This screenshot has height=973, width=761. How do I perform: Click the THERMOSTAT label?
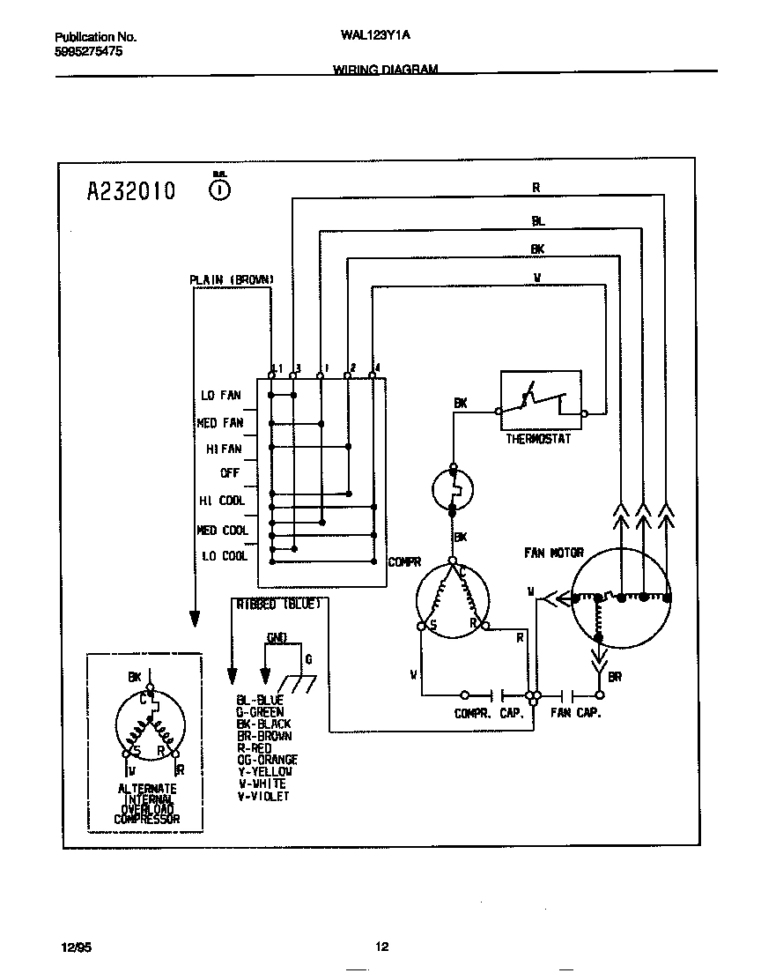tap(537, 439)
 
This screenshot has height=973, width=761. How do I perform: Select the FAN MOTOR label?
tap(553, 553)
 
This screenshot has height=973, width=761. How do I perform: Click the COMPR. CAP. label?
tap(489, 713)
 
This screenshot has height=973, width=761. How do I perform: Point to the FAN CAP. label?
tap(575, 713)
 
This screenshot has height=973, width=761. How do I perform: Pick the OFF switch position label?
tap(230, 473)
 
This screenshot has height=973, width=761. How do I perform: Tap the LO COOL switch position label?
tap(224, 556)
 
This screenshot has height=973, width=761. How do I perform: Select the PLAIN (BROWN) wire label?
tap(232, 280)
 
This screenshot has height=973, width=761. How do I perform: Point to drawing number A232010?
tap(130, 190)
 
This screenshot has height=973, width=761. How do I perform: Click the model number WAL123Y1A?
tap(375, 37)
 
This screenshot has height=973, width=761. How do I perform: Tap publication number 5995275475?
tap(88, 52)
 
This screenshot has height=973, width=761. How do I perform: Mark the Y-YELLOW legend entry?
tap(265, 772)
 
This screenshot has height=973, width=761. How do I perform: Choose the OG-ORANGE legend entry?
tap(267, 760)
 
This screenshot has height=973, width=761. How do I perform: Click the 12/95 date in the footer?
tap(75, 947)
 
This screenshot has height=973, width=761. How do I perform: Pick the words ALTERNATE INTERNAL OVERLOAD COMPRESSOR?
tap(147, 804)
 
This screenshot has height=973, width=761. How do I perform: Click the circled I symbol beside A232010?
tap(221, 189)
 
